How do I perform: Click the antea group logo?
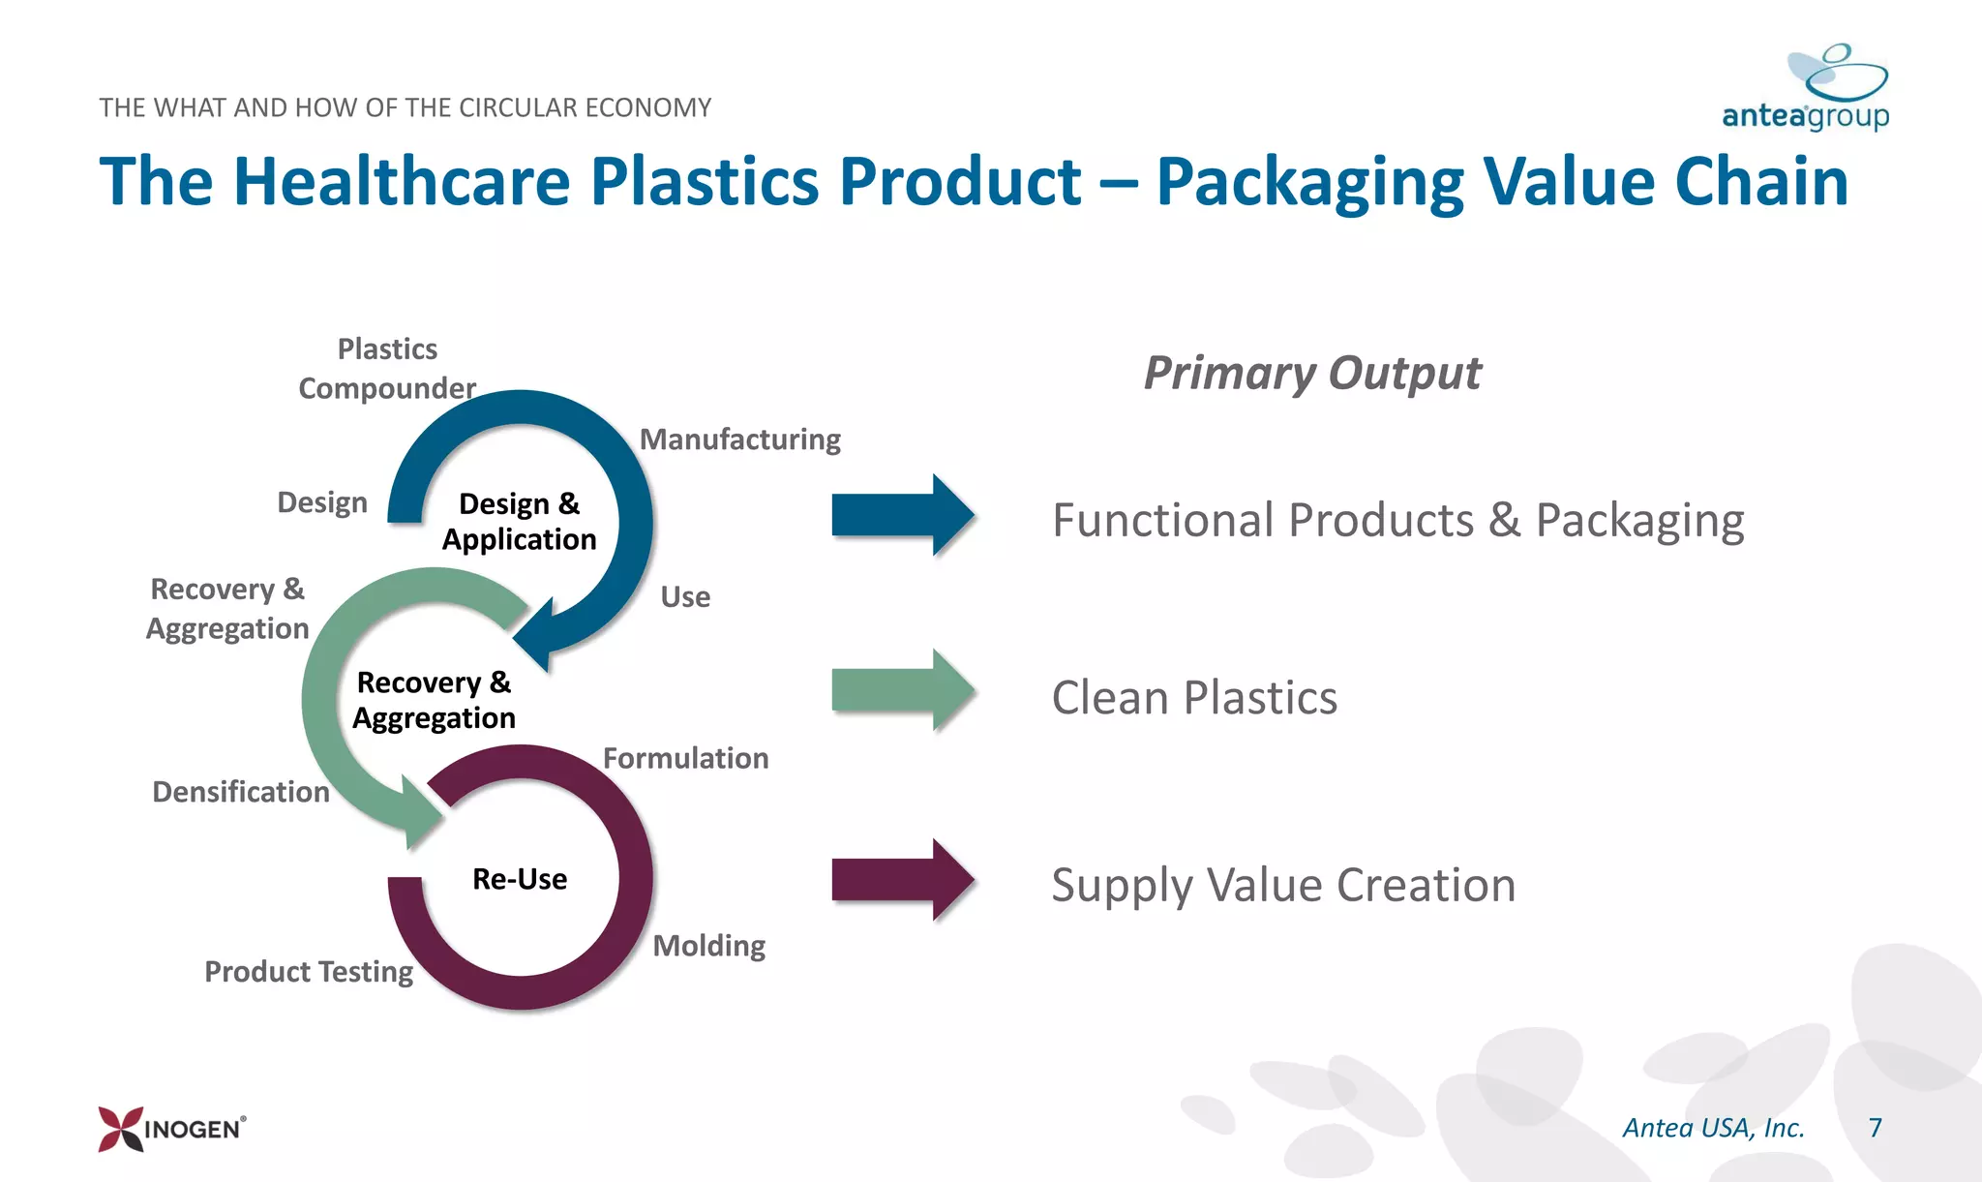point(1806,90)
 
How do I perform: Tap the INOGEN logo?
point(172,1129)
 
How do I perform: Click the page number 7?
point(1875,1128)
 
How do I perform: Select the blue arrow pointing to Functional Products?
point(902,515)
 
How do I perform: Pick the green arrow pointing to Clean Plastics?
point(902,690)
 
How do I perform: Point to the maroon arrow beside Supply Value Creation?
point(902,879)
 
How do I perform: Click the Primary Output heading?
point(1312,374)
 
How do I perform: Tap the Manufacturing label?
point(740,439)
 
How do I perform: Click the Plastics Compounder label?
point(387,369)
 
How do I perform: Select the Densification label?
point(241,792)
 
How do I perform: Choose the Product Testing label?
point(309,971)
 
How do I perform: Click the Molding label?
point(708,945)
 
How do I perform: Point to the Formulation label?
point(685,758)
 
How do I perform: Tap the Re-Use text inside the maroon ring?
point(520,879)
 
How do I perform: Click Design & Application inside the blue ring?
point(520,521)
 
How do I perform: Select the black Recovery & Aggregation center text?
point(434,700)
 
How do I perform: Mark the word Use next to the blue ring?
point(685,597)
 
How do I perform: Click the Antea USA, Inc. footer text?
point(1713,1128)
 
